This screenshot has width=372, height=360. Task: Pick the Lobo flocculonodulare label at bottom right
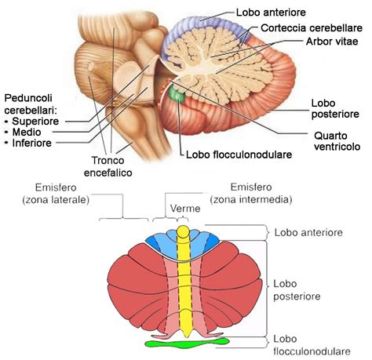click(x=308, y=345)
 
